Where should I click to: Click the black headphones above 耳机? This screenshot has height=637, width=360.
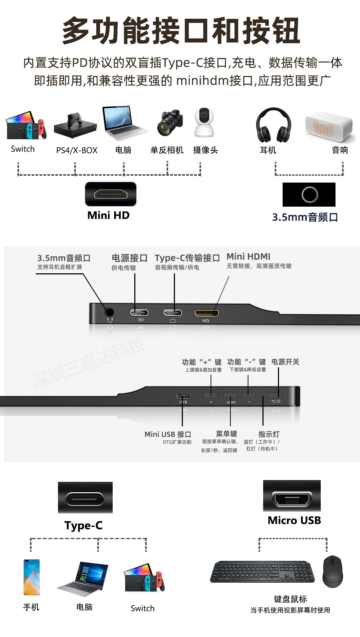(274, 125)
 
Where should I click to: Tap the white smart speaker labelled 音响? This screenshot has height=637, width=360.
(328, 126)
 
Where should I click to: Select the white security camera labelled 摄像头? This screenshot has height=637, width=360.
(204, 122)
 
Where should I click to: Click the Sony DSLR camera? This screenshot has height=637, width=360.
(170, 123)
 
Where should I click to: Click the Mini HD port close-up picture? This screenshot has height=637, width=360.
(111, 194)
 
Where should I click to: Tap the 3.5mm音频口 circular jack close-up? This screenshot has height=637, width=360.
(309, 195)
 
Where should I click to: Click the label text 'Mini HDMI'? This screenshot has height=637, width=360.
(248, 256)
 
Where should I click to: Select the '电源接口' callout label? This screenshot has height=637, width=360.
(130, 258)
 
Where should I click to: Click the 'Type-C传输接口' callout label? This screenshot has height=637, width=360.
(187, 258)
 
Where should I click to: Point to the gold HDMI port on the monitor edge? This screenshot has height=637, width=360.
(207, 313)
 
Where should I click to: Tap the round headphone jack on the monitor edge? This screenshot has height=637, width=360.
(109, 312)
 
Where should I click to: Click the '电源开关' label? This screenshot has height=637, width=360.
(285, 362)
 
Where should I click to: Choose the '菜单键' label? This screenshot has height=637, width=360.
(226, 434)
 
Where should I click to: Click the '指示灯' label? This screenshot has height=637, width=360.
(269, 434)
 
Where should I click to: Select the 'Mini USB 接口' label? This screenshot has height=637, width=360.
(168, 434)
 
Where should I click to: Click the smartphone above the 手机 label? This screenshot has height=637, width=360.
(32, 577)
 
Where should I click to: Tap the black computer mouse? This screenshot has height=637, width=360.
(333, 571)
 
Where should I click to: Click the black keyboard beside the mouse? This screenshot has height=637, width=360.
(262, 571)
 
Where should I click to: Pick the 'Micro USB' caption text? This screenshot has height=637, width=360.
(294, 520)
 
